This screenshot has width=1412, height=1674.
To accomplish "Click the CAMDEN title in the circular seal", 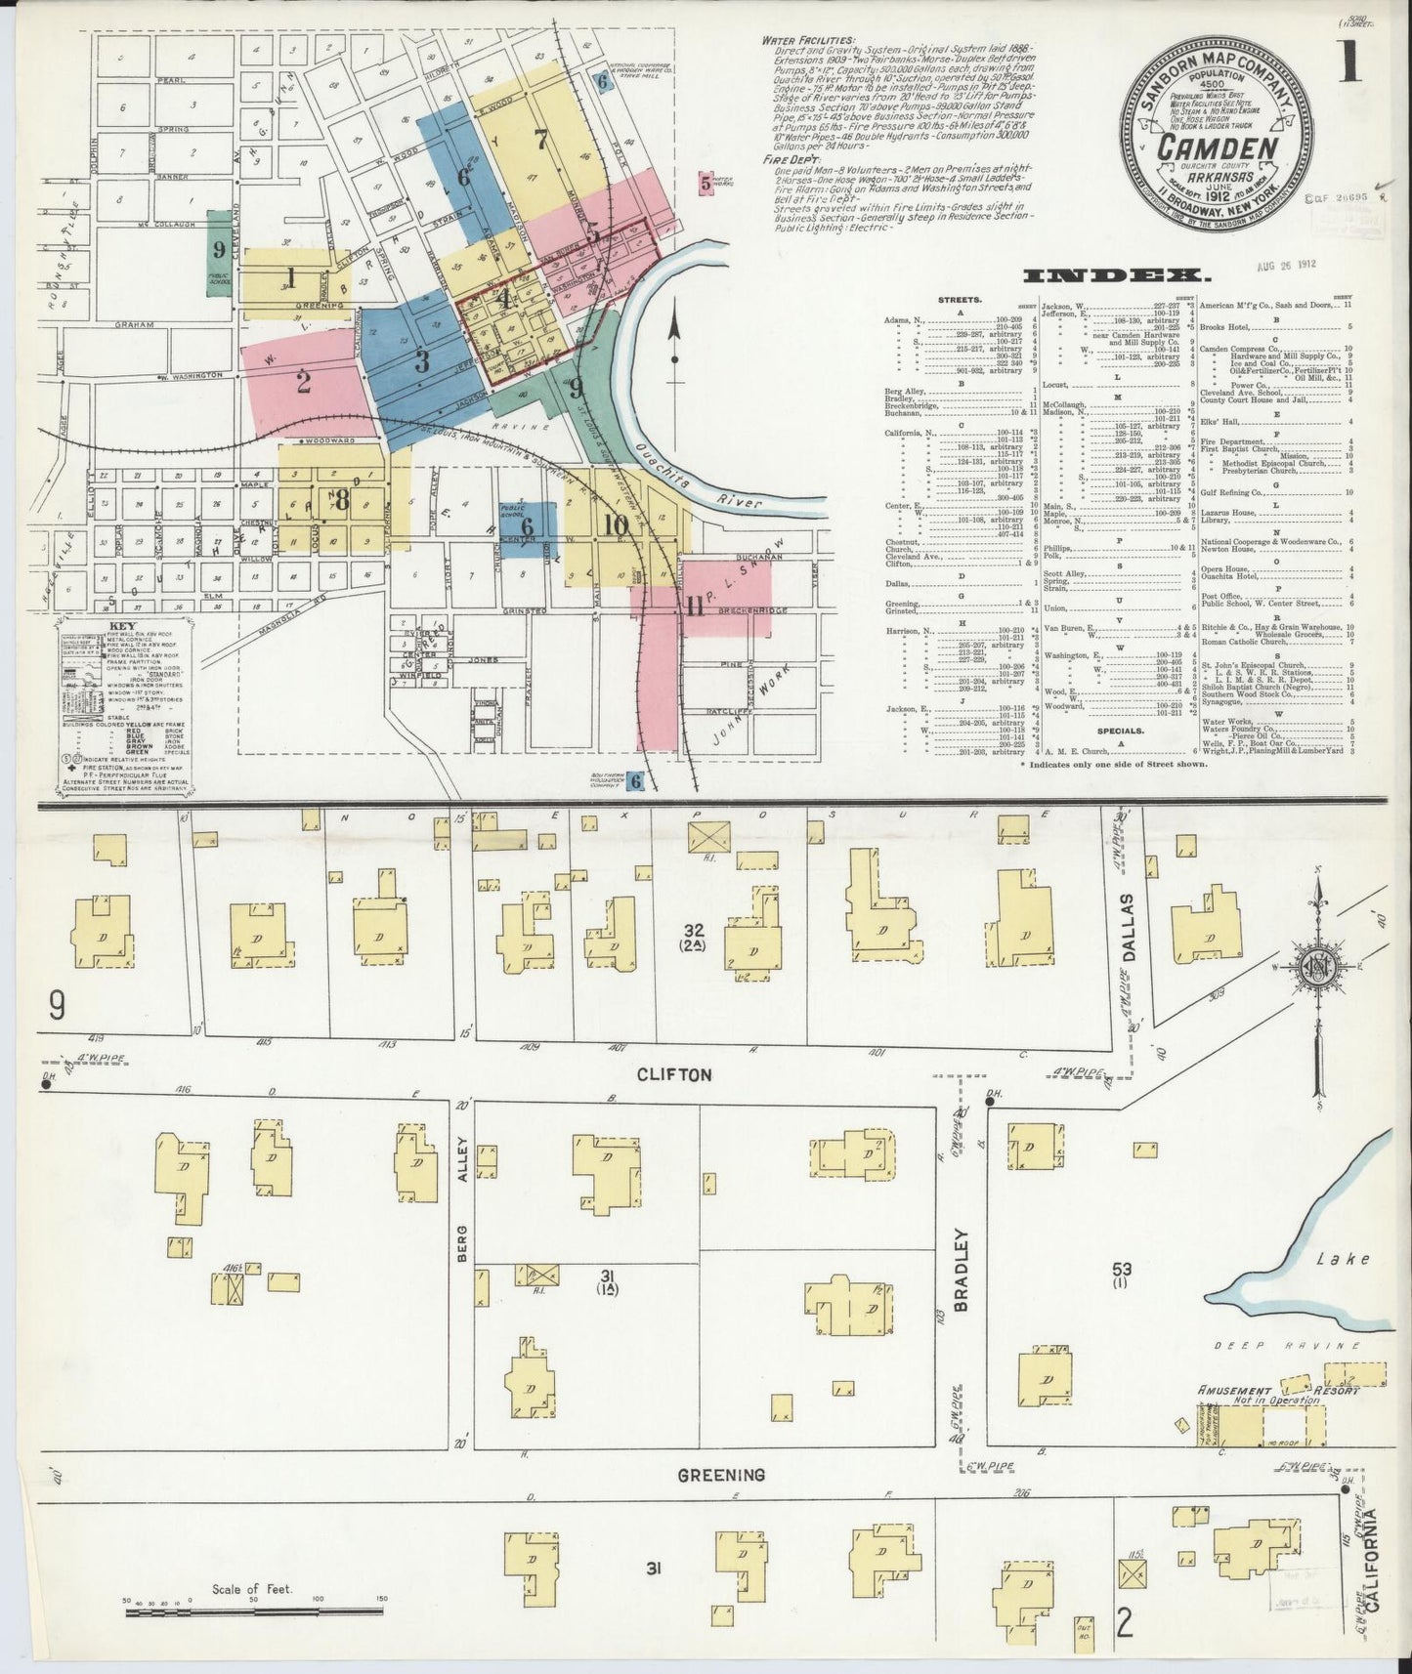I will coord(1218,148).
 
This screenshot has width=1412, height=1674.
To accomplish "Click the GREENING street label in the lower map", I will coord(722,1475).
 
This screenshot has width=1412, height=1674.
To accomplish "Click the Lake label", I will coord(1343,1259).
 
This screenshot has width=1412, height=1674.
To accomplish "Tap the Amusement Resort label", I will coord(1278,1390).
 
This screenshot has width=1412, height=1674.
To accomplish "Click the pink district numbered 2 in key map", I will coord(304,382).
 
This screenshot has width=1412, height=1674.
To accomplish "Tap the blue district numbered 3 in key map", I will coord(421,362).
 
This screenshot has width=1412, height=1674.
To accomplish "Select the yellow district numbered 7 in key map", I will coord(540,140).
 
